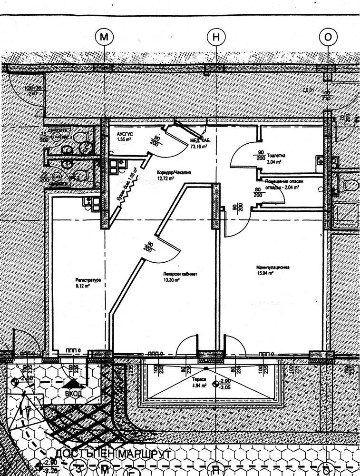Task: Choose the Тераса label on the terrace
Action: tap(198, 381)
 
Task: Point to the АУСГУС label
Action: tap(124, 135)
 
